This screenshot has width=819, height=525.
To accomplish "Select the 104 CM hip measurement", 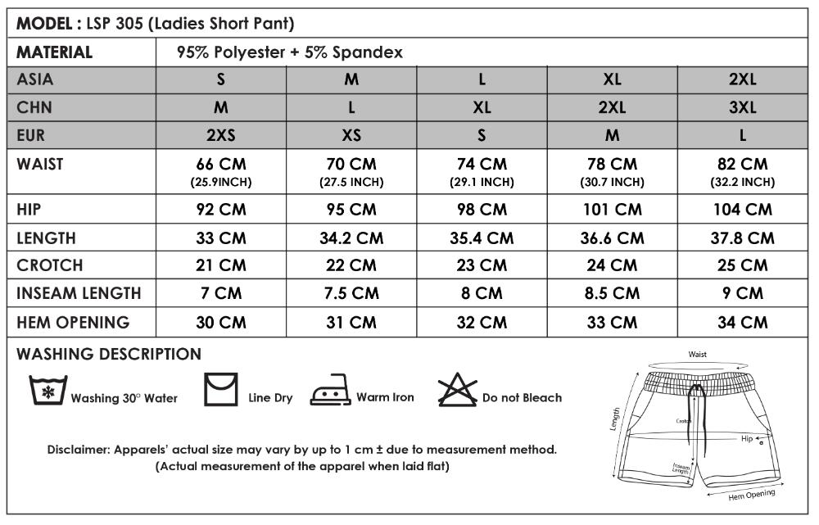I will click(743, 209).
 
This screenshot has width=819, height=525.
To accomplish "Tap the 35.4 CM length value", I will click(482, 238).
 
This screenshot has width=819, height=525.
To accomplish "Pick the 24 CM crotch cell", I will click(612, 265).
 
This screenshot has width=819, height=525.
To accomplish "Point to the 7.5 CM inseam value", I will click(351, 293).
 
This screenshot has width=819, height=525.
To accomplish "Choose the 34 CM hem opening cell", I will click(743, 322).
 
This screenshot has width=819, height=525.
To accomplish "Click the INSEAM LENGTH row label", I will click(79, 293).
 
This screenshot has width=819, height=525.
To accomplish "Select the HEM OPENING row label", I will click(74, 322).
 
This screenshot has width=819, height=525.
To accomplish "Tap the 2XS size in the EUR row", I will click(221, 135).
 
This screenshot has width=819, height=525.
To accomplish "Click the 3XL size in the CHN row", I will click(743, 107).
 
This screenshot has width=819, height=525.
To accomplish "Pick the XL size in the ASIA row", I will click(612, 79).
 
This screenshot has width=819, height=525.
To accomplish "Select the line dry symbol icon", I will click(220, 389).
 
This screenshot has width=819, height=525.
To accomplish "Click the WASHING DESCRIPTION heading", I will click(109, 355).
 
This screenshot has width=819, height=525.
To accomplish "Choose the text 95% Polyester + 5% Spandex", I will click(290, 52).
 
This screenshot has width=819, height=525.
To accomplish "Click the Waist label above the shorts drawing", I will click(697, 355).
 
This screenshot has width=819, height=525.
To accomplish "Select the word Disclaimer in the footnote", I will click(78, 450).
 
